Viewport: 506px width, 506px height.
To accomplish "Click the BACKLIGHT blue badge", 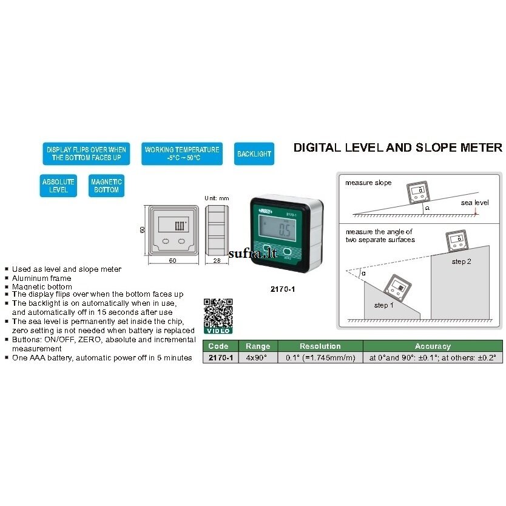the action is pyautogui.click(x=254, y=153).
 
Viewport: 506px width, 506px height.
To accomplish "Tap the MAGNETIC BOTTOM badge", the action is pyautogui.click(x=106, y=186).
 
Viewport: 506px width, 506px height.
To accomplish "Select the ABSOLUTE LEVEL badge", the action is pyautogui.click(x=58, y=186).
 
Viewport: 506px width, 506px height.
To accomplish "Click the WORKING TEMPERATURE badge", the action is pyautogui.click(x=182, y=153).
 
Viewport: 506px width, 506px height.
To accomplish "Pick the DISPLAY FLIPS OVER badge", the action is pyautogui.click(x=86, y=153).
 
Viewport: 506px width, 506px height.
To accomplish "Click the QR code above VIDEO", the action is pyautogui.click(x=218, y=312).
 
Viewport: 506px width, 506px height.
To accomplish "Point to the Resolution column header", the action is pyautogui.click(x=320, y=346).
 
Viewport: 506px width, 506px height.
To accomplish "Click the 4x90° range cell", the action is pyautogui.click(x=258, y=357).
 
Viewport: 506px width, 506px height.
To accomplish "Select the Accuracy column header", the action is pyautogui.click(x=433, y=346).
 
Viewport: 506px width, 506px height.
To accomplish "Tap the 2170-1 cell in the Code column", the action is pyautogui.click(x=221, y=357).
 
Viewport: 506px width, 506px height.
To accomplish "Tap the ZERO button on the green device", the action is pyautogui.click(x=287, y=252).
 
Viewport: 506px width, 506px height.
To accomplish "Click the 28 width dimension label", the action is pyautogui.click(x=217, y=260).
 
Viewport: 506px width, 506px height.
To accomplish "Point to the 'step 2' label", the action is pyautogui.click(x=462, y=261).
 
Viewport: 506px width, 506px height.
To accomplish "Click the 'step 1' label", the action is pyautogui.click(x=383, y=305).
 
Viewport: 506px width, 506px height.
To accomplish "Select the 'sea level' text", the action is pyautogui.click(x=474, y=203).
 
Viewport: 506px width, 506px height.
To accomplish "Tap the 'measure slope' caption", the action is pyautogui.click(x=368, y=183).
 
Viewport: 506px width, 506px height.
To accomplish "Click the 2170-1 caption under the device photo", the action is pyautogui.click(x=283, y=289).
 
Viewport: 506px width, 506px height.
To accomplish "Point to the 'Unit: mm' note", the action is pyautogui.click(x=217, y=198).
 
